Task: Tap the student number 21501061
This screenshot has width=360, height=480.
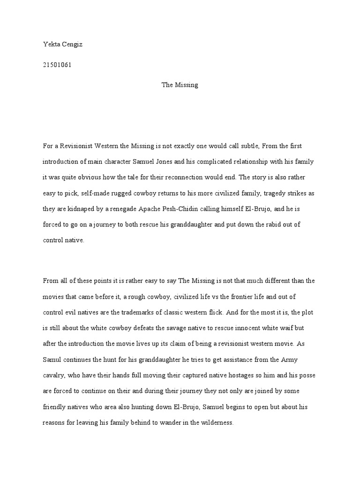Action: click(x=56, y=65)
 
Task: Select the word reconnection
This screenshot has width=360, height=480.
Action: click(x=191, y=177)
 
